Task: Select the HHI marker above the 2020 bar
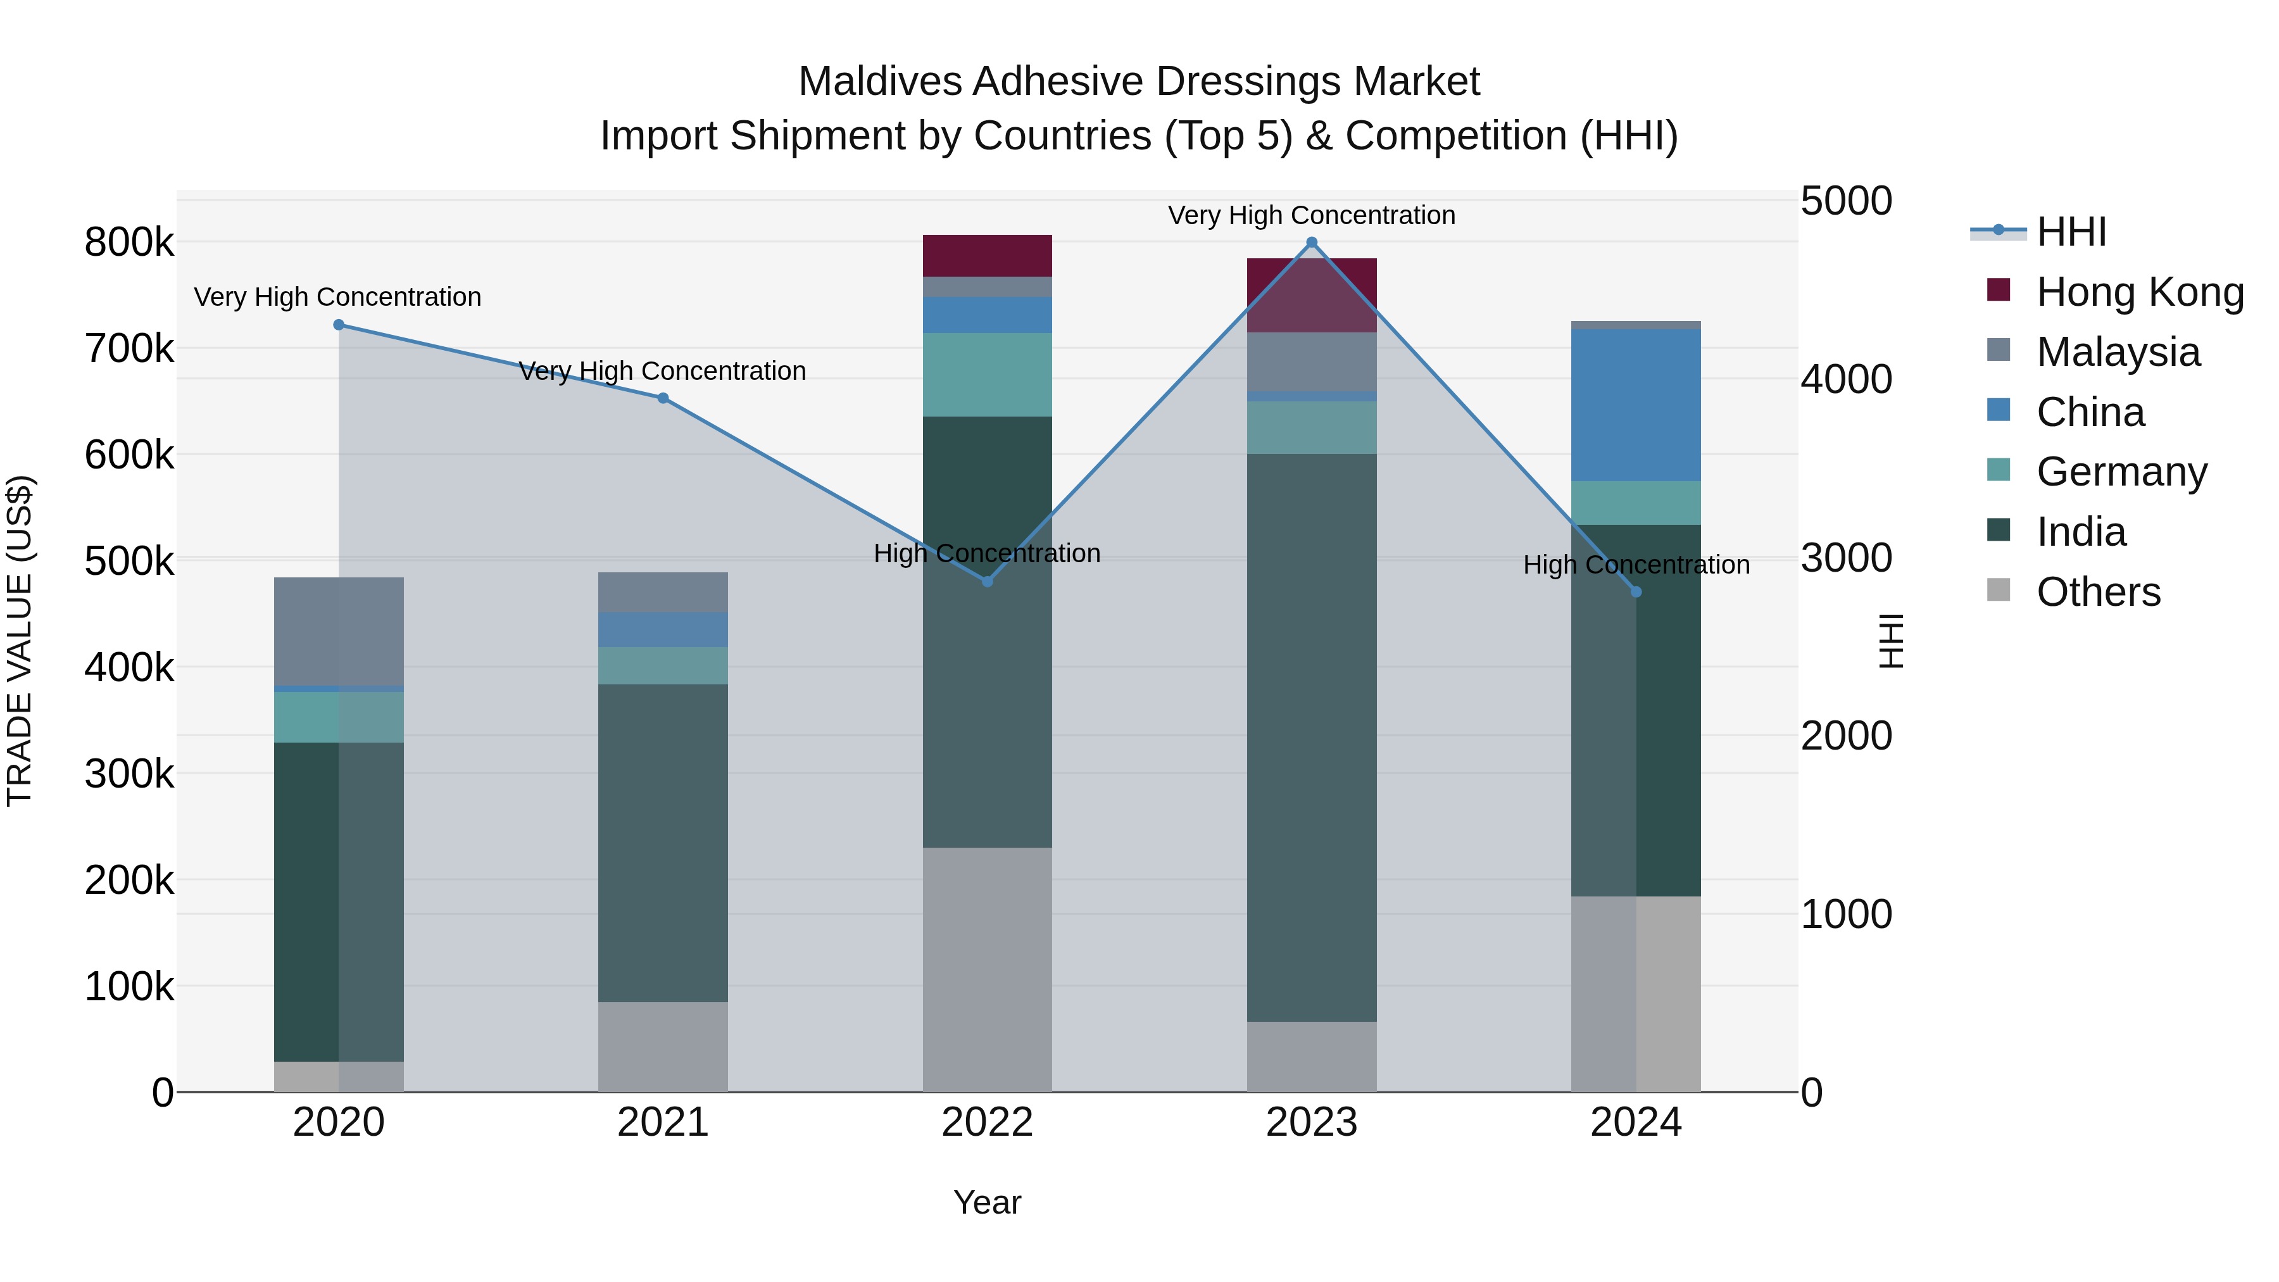click(339, 325)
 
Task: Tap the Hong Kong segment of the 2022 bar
click(988, 256)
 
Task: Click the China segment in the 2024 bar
click(1636, 405)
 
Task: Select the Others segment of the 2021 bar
click(663, 1046)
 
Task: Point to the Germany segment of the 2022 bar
click(988, 374)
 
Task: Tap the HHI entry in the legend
click(2070, 232)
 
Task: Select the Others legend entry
click(2098, 592)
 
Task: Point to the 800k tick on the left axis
click(129, 242)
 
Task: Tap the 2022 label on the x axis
click(988, 1122)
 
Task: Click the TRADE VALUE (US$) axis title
click(20, 641)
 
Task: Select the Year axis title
click(988, 1202)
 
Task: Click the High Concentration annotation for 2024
click(1636, 565)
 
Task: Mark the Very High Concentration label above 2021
click(663, 371)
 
